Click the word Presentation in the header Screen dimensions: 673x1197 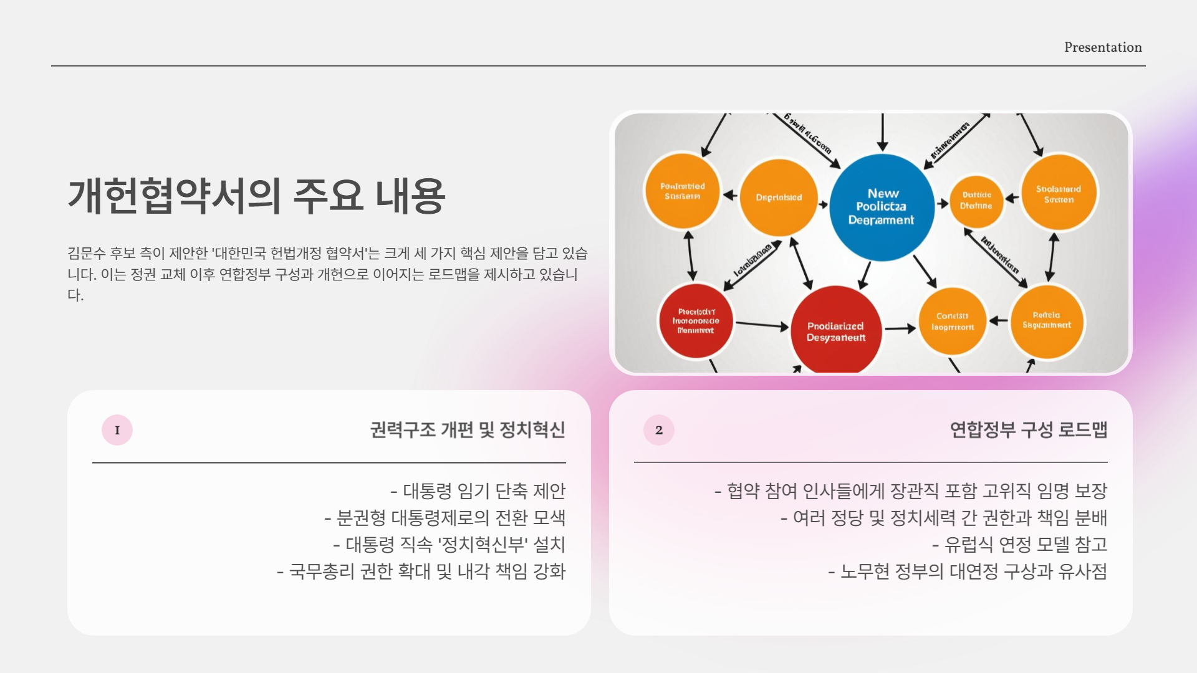click(x=1102, y=47)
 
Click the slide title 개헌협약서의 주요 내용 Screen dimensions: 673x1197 click(x=256, y=196)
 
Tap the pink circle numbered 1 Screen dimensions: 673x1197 click(x=117, y=430)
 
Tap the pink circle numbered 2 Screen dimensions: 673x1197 click(x=659, y=430)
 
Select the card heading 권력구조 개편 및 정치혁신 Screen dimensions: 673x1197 click(x=468, y=430)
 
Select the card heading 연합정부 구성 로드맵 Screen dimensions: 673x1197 click(x=1028, y=430)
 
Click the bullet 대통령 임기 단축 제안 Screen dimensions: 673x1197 click(x=478, y=491)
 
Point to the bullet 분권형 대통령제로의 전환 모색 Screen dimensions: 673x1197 click(x=445, y=518)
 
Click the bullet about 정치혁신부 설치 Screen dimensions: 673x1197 click(x=449, y=545)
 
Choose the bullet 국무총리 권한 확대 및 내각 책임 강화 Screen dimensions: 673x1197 click(x=421, y=571)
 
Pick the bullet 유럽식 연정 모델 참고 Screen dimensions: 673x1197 click(x=1020, y=545)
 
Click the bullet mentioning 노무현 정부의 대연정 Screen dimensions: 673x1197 click(x=968, y=571)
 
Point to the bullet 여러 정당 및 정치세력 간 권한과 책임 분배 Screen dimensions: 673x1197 click(x=944, y=518)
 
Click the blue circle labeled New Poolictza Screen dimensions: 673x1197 click(x=882, y=207)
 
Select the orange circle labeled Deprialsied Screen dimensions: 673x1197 click(x=779, y=198)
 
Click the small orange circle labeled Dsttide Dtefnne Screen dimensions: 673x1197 click(x=976, y=201)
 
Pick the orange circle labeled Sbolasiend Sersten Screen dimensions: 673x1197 click(x=1059, y=193)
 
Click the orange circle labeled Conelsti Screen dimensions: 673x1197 click(x=952, y=322)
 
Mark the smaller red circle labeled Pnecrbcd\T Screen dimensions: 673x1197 click(x=696, y=321)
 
